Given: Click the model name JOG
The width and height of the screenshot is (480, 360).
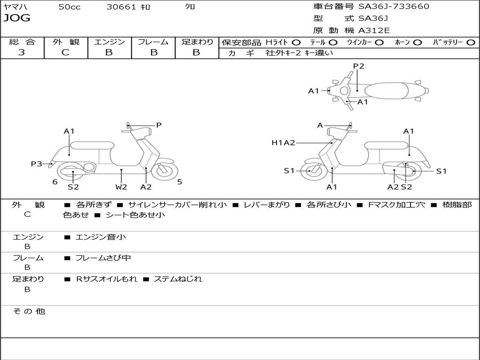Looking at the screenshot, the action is (x=17, y=18).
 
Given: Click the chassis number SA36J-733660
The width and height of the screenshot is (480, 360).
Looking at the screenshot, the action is (x=394, y=7).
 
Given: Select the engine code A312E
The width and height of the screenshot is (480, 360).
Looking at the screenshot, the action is (x=374, y=30).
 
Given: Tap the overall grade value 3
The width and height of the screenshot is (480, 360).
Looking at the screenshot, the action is (x=22, y=52).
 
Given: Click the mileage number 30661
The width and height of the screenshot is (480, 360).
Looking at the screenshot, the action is (x=121, y=7).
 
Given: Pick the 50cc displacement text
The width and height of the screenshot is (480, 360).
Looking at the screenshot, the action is (x=69, y=7).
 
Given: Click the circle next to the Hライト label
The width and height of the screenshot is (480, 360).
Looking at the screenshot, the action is (x=296, y=42).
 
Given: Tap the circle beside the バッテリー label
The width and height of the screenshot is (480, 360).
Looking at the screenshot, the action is (x=471, y=42).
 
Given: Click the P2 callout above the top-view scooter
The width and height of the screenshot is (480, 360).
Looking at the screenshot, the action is (x=359, y=66).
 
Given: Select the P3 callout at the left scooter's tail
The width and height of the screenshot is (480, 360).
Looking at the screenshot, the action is (x=37, y=164).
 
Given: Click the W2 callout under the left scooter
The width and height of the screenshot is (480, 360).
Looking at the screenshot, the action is (x=121, y=187).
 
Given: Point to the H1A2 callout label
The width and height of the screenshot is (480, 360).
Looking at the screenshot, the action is (x=283, y=142).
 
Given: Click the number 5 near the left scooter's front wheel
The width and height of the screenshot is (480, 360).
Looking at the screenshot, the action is (x=180, y=182).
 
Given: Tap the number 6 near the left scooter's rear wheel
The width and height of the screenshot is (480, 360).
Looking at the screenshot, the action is (x=55, y=182).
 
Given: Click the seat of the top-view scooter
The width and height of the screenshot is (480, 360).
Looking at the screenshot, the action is (x=386, y=90).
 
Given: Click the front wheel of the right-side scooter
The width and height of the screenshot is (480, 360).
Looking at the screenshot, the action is (x=314, y=170).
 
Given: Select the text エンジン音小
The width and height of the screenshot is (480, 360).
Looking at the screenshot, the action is (x=101, y=237).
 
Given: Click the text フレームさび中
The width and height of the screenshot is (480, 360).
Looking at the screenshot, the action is (x=103, y=258).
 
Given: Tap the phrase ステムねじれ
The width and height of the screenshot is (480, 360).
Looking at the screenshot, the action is (x=178, y=279).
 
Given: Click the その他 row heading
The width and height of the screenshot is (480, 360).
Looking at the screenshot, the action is (x=29, y=311).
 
